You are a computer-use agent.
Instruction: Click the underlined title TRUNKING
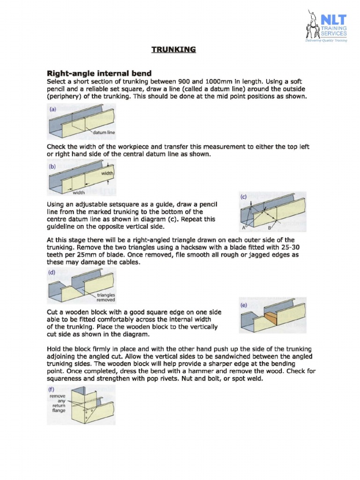click(173, 49)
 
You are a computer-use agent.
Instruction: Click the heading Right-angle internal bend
click(98, 73)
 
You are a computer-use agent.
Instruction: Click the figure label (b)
click(53, 166)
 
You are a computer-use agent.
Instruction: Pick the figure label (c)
click(243, 197)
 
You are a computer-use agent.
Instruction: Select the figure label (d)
click(53, 272)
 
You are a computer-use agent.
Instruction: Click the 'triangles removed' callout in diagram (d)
click(106, 298)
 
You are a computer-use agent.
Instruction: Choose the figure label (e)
click(244, 304)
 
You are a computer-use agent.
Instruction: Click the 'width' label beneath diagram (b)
click(79, 192)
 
